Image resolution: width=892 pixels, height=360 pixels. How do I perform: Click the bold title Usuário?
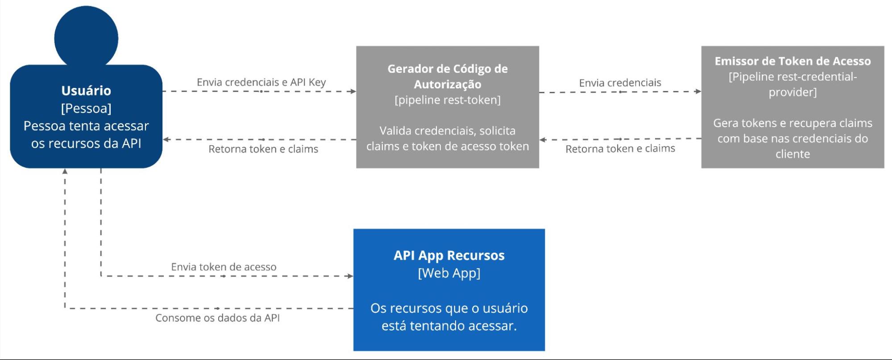pyautogui.click(x=86, y=91)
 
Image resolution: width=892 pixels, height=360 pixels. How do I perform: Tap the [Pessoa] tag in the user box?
pyautogui.click(x=86, y=108)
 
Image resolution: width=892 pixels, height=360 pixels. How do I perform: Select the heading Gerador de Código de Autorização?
pyautogui.click(x=448, y=76)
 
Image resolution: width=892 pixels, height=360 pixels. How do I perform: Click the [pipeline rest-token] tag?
pyautogui.click(x=448, y=100)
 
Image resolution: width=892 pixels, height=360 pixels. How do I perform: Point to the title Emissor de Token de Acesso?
pyautogui.click(x=792, y=61)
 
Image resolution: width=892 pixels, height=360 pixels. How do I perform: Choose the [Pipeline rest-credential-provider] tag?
pyautogui.click(x=792, y=84)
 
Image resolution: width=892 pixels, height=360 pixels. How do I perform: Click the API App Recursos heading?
pyautogui.click(x=449, y=255)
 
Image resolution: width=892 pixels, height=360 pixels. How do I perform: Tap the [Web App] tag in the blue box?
pyautogui.click(x=449, y=273)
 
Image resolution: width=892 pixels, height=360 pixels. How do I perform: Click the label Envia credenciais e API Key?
pyautogui.click(x=261, y=82)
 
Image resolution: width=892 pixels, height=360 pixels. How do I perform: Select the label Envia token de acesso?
pyautogui.click(x=224, y=267)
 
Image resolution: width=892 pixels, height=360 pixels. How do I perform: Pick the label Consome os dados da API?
pyautogui.click(x=217, y=318)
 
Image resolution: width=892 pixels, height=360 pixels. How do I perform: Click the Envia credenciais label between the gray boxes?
pyautogui.click(x=620, y=83)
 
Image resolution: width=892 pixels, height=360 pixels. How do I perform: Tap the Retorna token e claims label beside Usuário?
pyautogui.click(x=263, y=149)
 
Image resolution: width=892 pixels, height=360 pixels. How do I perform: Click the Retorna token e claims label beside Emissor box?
pyautogui.click(x=620, y=149)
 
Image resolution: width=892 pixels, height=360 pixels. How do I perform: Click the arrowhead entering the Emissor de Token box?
pyautogui.click(x=698, y=91)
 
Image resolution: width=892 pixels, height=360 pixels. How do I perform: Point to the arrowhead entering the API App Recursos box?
pyautogui.click(x=350, y=276)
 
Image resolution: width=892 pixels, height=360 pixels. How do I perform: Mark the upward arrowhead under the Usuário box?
pyautogui.click(x=65, y=171)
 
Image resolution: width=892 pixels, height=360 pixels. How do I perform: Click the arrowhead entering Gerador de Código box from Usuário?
pyautogui.click(x=353, y=91)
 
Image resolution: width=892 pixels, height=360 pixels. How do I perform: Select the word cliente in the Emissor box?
pyautogui.click(x=792, y=154)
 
